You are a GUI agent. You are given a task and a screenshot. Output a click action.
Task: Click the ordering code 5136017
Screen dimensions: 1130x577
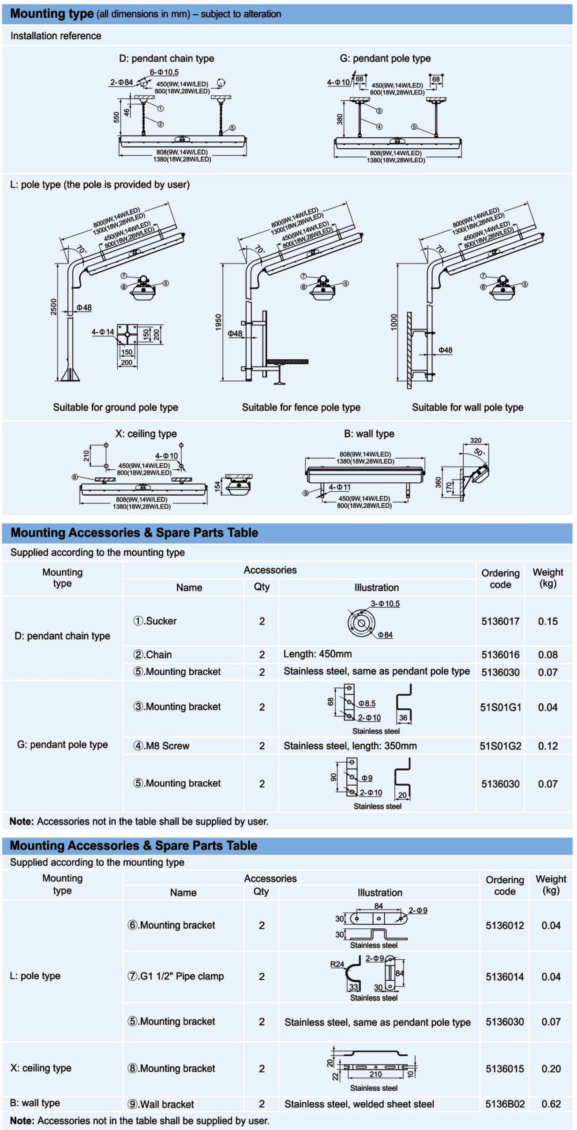[x=500, y=621]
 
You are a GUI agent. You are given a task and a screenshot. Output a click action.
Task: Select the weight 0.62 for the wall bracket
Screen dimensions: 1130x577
[x=551, y=1104]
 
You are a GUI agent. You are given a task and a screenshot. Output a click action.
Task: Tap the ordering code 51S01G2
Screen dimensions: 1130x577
[x=500, y=746]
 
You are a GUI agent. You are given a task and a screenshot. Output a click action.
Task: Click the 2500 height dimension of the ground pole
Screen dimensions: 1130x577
[x=54, y=306]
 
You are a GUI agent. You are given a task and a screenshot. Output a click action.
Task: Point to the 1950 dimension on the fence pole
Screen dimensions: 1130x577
[x=218, y=322]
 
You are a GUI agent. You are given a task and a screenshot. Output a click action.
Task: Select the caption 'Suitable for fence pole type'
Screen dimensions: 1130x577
[x=301, y=407]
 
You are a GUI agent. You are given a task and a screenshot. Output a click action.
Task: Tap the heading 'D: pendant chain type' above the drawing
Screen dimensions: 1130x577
[x=166, y=58]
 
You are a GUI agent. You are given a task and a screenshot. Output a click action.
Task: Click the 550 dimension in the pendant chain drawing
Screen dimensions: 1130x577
[x=116, y=117]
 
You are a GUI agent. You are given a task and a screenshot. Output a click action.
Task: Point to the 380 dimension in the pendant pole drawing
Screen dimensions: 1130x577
[x=340, y=119]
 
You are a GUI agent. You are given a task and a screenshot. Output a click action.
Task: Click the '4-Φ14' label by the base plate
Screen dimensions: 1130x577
[x=102, y=331]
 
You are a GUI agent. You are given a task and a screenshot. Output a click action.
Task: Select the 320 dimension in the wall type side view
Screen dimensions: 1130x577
[x=476, y=440]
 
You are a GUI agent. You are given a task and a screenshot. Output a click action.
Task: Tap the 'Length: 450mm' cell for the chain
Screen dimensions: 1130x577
[x=317, y=654]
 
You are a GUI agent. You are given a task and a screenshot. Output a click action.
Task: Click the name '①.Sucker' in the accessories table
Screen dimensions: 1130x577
[x=155, y=621]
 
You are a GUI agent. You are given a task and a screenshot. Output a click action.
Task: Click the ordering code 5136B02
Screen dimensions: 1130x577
[x=505, y=1104]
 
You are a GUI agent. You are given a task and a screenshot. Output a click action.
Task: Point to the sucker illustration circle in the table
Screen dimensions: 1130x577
[x=361, y=623]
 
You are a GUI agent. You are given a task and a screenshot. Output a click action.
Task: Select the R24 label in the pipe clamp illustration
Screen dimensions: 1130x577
[x=337, y=964]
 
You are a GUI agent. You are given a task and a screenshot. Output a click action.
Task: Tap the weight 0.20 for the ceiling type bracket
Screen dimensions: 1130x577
[x=551, y=1069]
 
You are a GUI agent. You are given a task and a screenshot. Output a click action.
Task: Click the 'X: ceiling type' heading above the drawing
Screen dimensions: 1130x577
[x=146, y=433]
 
